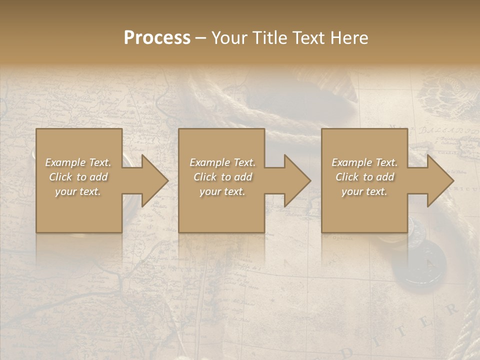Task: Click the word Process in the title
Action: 157,38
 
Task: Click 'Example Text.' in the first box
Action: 78,162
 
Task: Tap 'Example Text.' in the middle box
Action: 222,162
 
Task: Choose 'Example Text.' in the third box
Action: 364,162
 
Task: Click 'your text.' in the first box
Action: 78,191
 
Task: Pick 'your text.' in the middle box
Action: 222,191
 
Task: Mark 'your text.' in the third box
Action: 364,191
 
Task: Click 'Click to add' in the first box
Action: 78,177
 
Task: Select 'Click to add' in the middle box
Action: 222,177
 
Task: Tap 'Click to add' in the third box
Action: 364,177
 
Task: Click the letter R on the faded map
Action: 451,309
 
